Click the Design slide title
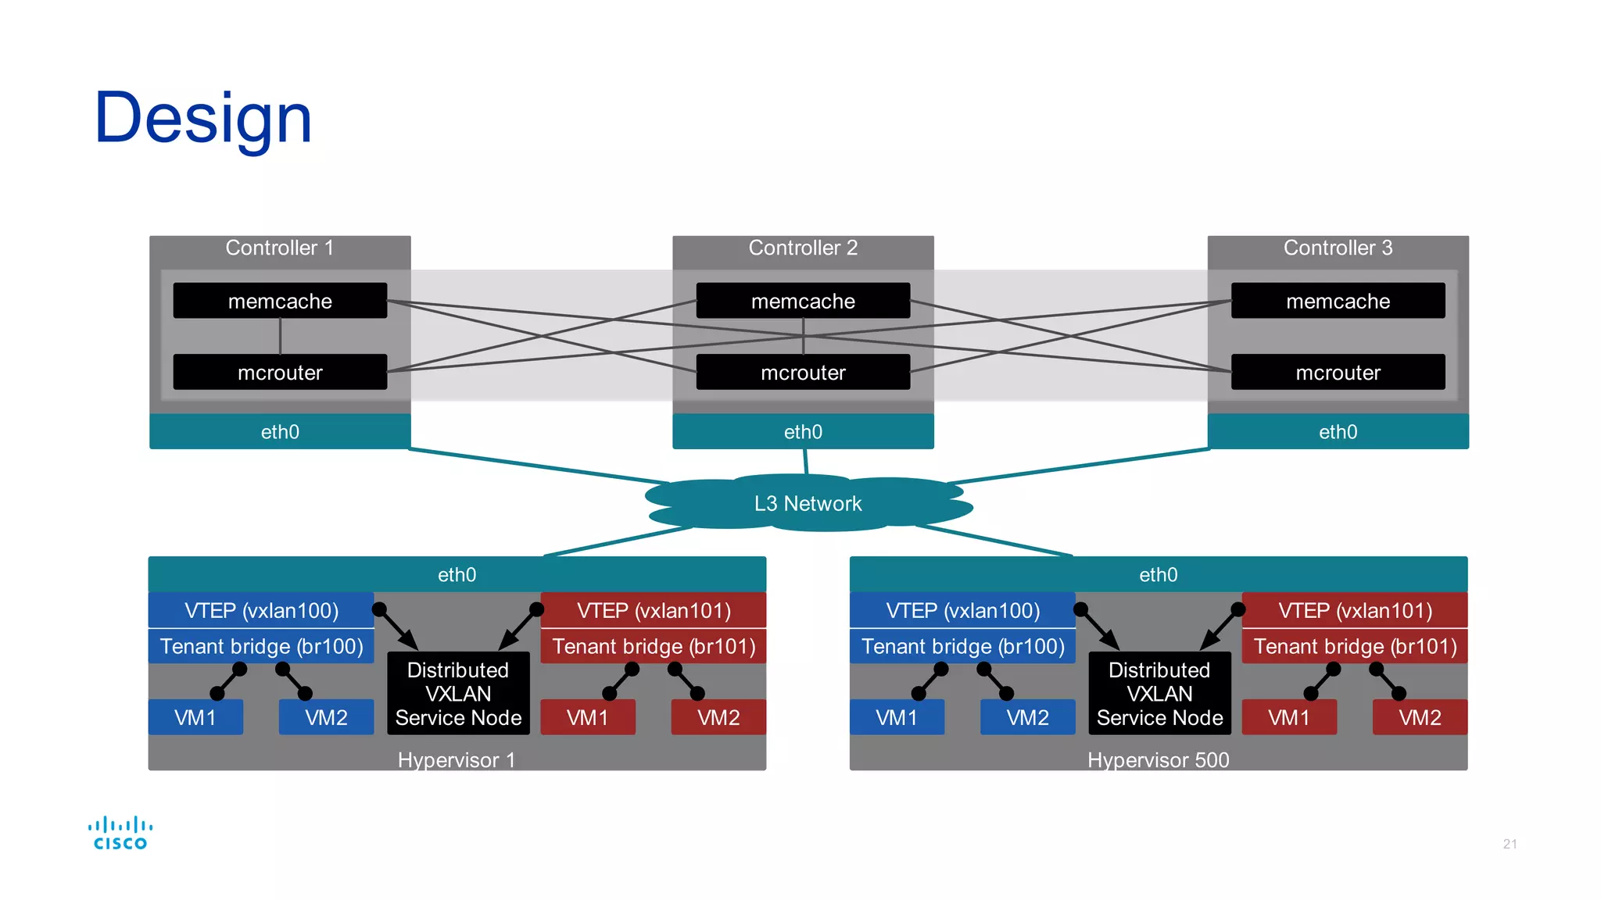point(202,118)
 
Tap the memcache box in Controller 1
point(280,301)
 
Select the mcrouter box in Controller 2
point(803,373)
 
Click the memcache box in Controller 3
point(1338,301)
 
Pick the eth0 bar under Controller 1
point(280,431)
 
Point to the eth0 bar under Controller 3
point(1338,431)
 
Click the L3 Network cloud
point(808,504)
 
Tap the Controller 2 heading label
point(803,248)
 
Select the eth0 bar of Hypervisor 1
point(457,574)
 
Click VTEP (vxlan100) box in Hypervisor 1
point(261,610)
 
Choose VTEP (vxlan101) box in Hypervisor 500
point(1355,610)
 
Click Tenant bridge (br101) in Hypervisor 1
point(654,646)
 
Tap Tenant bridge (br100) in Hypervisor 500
point(962,646)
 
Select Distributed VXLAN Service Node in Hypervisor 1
point(458,694)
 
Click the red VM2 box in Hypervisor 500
point(1420,717)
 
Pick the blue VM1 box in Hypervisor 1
point(195,717)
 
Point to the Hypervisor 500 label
point(1158,759)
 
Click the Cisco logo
point(120,833)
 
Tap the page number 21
point(1510,844)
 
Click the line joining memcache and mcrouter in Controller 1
point(280,336)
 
